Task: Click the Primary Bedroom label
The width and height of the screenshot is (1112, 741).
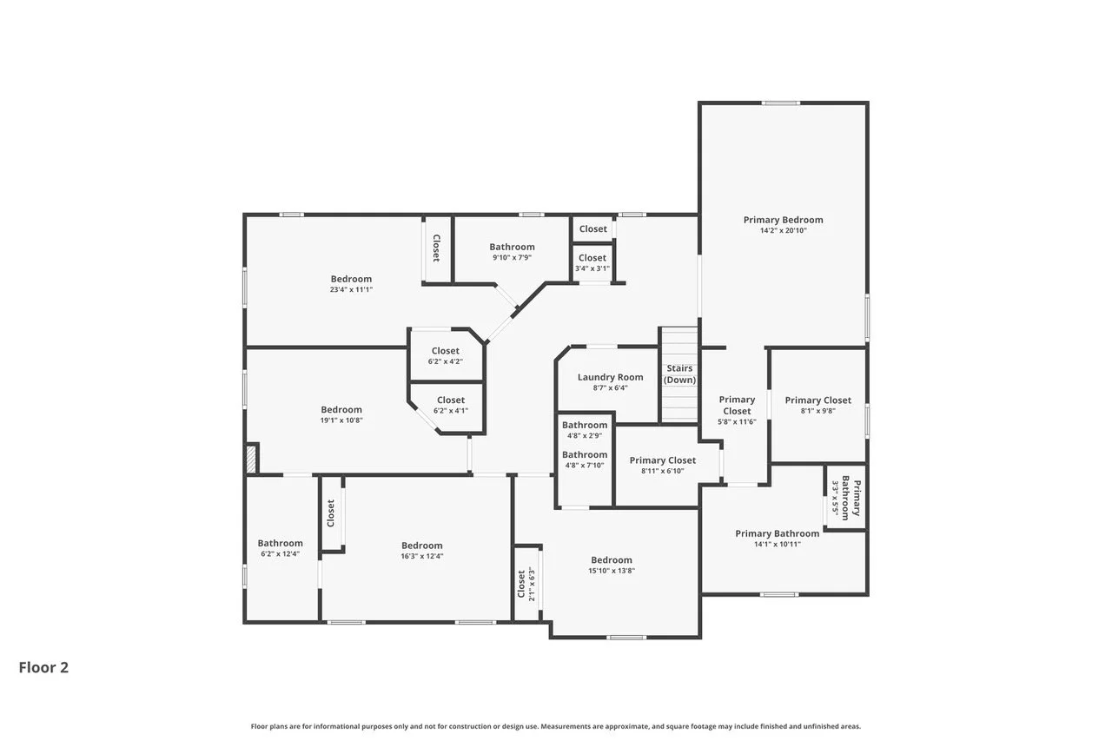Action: pos(783,220)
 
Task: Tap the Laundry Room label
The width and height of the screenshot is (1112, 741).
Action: pos(610,377)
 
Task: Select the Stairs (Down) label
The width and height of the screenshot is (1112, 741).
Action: pos(679,374)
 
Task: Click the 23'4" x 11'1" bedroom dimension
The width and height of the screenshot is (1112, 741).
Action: pos(351,289)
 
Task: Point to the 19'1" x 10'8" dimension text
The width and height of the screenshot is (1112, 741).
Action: pos(341,420)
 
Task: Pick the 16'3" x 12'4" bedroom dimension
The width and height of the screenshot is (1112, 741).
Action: pos(422,556)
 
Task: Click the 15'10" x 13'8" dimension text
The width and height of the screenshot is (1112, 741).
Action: pos(612,570)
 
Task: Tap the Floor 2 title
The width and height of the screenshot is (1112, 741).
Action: pos(43,667)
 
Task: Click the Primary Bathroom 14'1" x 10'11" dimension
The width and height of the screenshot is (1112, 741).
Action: pos(778,544)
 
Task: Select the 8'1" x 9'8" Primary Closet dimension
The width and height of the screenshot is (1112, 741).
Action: pos(818,410)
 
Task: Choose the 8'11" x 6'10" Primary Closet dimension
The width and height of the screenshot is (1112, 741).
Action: pos(663,471)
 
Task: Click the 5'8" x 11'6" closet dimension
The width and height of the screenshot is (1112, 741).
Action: pos(737,422)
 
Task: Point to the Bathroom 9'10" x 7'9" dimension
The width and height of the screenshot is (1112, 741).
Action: pos(513,257)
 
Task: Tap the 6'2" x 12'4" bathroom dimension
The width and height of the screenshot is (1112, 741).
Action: pos(280,554)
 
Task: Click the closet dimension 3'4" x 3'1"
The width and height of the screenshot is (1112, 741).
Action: pos(592,268)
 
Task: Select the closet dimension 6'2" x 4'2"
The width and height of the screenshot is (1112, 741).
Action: pos(446,361)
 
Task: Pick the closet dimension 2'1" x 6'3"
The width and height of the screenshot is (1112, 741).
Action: pos(532,585)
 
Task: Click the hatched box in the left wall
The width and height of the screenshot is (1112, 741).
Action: pos(252,459)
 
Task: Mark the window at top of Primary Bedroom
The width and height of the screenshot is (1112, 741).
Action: pos(781,103)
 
